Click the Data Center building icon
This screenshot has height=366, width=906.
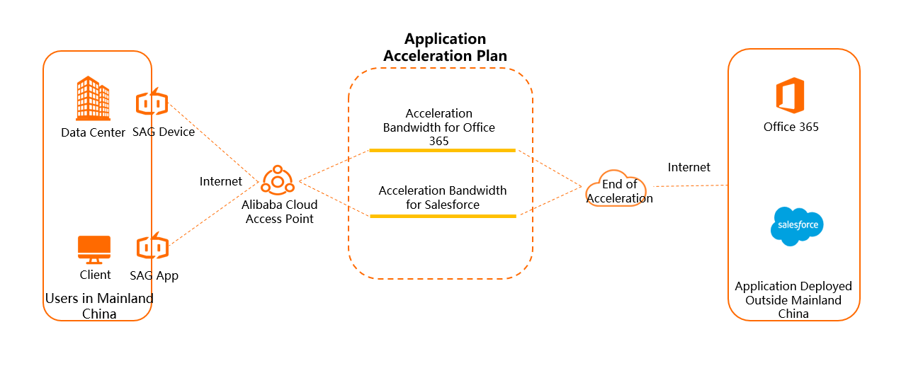tap(93, 98)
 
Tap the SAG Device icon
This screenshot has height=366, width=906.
tap(152, 103)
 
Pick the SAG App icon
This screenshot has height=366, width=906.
tap(152, 247)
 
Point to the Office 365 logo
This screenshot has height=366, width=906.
tap(790, 96)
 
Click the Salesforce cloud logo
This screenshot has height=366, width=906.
tap(797, 226)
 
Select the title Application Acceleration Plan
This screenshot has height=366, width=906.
tap(445, 47)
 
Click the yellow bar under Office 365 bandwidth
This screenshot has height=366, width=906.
tap(442, 150)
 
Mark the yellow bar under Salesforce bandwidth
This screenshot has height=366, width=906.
tap(442, 216)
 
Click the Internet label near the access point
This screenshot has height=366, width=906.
tap(220, 181)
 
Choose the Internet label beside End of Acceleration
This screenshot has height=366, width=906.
tap(689, 167)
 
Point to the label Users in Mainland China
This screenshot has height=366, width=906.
tap(98, 306)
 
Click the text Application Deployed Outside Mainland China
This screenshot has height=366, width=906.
tap(793, 300)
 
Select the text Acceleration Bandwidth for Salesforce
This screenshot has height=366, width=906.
tap(443, 198)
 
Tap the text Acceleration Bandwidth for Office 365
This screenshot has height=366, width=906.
tap(439, 127)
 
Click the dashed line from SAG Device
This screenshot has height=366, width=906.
tap(213, 142)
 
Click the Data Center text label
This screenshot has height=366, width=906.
tap(93, 132)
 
